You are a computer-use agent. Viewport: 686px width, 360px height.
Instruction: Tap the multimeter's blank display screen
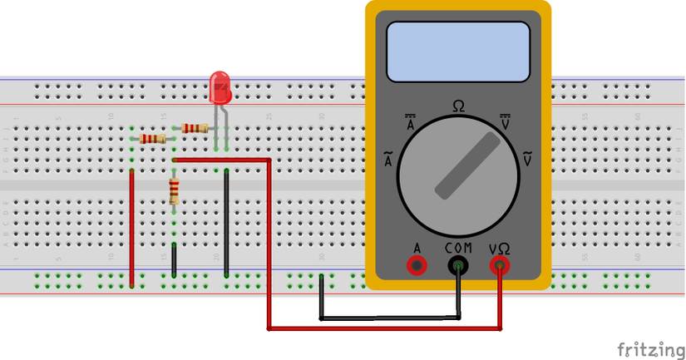coord(458,52)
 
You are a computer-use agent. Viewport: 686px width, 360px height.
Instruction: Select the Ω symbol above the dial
coord(458,106)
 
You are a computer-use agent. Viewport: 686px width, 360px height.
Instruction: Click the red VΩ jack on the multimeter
coord(500,265)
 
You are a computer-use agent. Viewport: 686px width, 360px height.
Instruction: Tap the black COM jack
coord(458,265)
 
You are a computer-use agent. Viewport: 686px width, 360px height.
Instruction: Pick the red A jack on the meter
coord(416,265)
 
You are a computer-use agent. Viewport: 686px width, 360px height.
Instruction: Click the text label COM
coord(458,248)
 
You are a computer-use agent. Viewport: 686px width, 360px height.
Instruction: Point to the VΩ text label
coord(500,248)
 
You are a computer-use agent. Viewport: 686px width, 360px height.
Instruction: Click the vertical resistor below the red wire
coord(174,191)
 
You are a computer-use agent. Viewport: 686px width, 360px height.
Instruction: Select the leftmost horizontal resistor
coord(153,138)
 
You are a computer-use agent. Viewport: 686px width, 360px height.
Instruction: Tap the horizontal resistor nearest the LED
coord(194,128)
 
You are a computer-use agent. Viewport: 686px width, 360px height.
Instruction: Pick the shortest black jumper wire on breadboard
coord(174,259)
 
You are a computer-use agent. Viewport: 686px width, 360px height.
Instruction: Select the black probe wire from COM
coord(391,318)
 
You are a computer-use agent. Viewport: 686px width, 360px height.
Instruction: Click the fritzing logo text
coord(648,348)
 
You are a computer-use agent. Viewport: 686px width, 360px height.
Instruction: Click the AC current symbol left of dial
coord(387,160)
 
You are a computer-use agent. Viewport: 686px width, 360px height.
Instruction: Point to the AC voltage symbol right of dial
coord(526,158)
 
